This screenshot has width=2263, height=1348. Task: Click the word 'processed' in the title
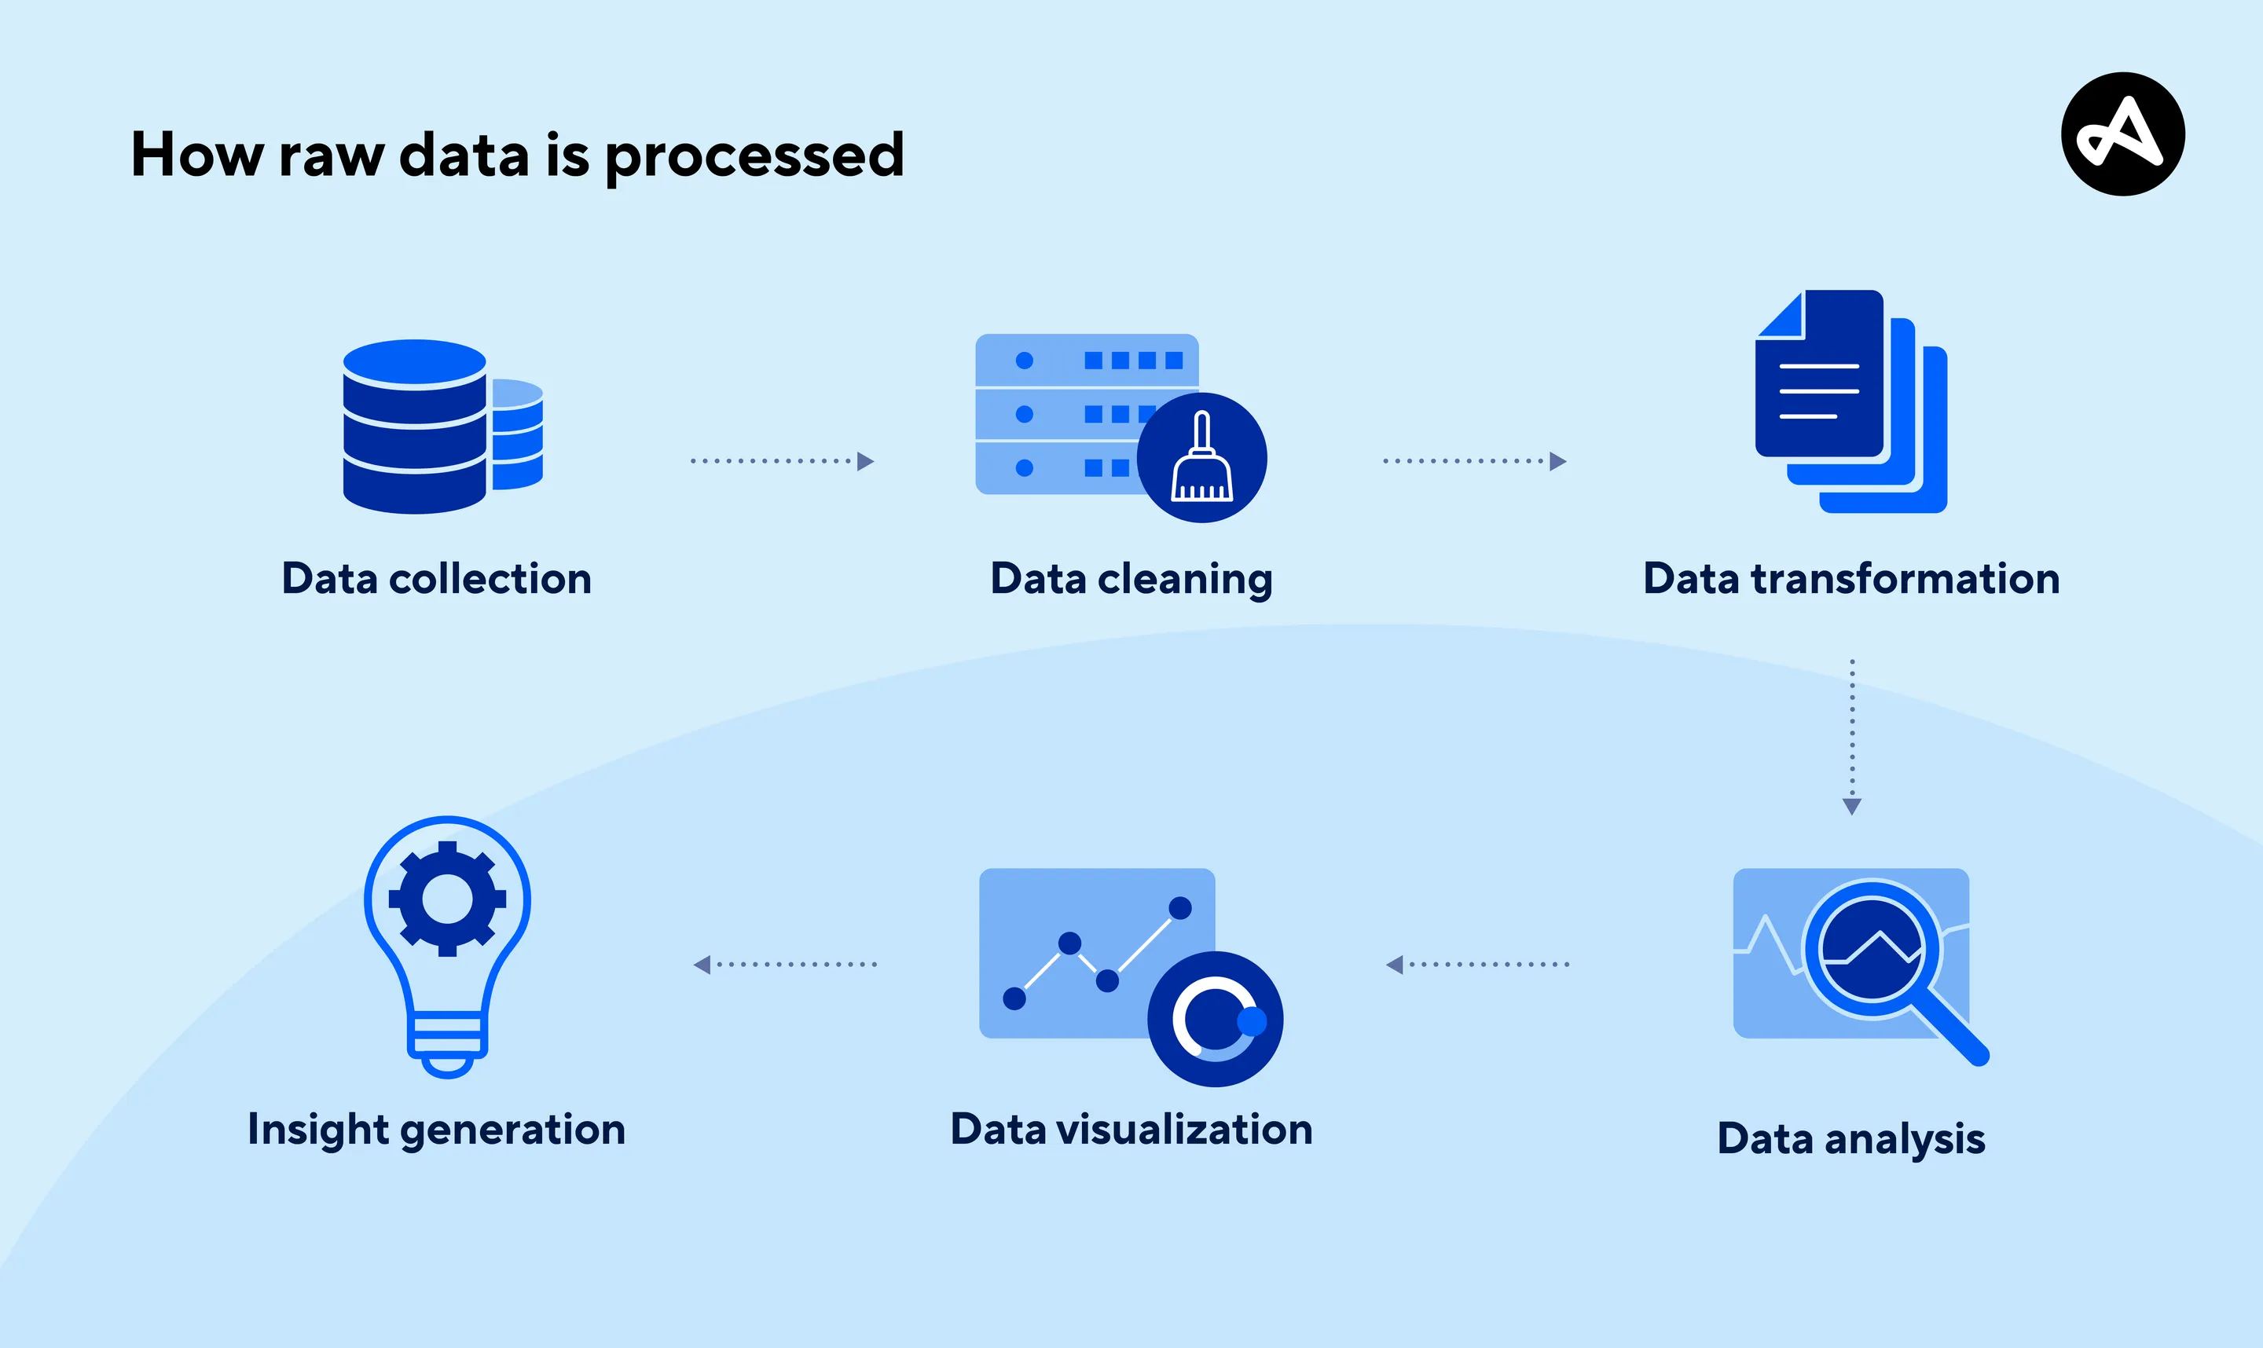coord(754,156)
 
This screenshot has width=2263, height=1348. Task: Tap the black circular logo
coord(2122,134)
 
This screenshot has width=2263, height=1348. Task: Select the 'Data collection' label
coord(436,579)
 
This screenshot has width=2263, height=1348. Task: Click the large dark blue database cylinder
coord(414,427)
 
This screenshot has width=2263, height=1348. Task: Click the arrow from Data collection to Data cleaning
coord(781,461)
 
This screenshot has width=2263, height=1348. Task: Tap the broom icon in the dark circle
coord(1202,458)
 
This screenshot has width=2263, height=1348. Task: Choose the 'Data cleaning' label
coord(1131,579)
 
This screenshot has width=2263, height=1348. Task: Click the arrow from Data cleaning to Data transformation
coord(1473,461)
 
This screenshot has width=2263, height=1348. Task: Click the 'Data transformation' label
coord(1850,579)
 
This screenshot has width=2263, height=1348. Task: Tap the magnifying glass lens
coord(1872,949)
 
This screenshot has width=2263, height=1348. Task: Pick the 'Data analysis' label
coord(1850,1138)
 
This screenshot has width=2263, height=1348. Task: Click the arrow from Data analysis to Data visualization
coord(1476,965)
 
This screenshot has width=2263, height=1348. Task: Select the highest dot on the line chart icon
coord(1180,907)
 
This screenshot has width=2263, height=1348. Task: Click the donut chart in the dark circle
coord(1215,1019)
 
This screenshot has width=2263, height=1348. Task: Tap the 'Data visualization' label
coord(1131,1129)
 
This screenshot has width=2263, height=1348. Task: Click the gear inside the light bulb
coord(447,899)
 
